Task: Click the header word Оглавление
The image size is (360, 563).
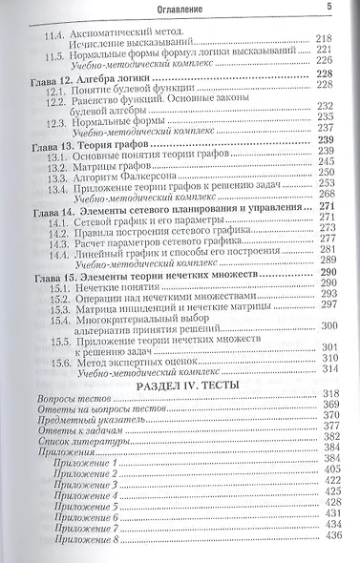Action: pyautogui.click(x=181, y=9)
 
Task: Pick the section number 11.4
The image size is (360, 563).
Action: pyautogui.click(x=59, y=33)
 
